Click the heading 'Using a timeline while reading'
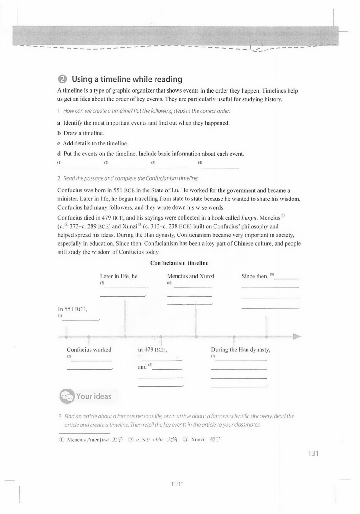click(x=127, y=79)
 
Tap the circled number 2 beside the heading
click(x=62, y=79)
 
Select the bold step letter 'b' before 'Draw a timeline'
click(x=59, y=133)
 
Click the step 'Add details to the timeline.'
click(x=95, y=143)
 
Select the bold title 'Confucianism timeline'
click(x=179, y=263)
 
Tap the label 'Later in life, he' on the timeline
click(x=119, y=276)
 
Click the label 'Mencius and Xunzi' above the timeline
click(x=191, y=276)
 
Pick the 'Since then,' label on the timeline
click(x=255, y=276)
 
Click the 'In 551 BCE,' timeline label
click(x=72, y=309)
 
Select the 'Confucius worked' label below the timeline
click(x=89, y=350)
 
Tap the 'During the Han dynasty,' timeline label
click(x=241, y=350)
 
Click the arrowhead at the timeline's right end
click(x=297, y=337)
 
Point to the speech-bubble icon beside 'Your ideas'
click(x=67, y=396)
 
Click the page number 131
click(x=313, y=453)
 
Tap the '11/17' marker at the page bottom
click(x=177, y=484)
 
